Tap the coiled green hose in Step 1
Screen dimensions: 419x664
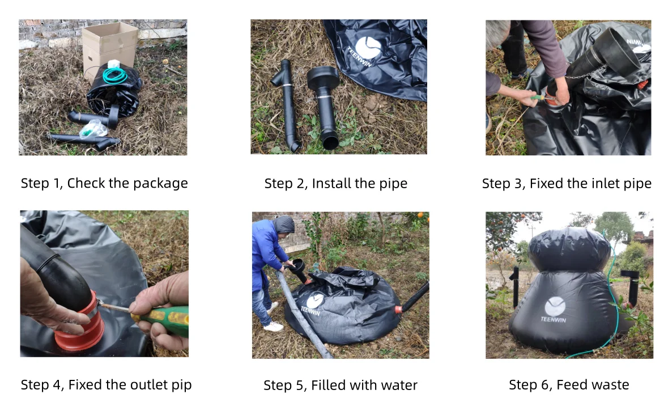[x=115, y=75]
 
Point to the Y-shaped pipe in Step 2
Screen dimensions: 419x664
[x=288, y=102]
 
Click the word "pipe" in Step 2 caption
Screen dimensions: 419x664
[x=394, y=184]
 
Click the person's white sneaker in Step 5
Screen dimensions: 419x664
[x=274, y=327]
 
